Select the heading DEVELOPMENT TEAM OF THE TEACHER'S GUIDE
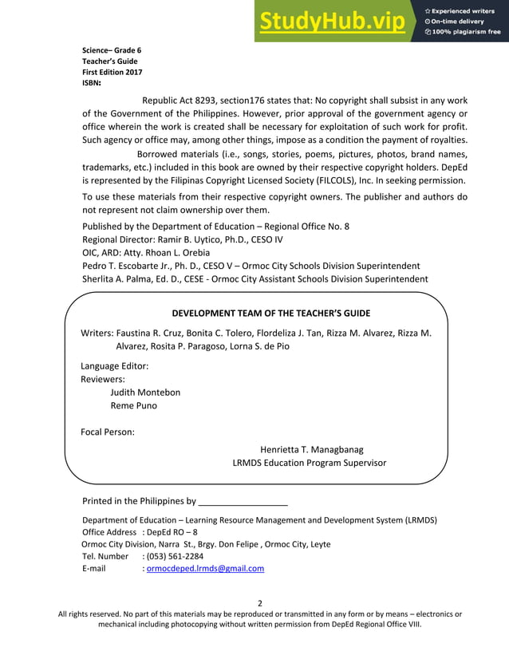[x=271, y=313]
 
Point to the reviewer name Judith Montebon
[x=145, y=392]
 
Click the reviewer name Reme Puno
[x=133, y=405]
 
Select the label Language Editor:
[x=115, y=365]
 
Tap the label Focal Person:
[x=108, y=432]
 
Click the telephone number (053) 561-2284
[x=175, y=556]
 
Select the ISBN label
[x=91, y=81]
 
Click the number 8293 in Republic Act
[x=211, y=101]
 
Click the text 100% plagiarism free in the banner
[x=467, y=32]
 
